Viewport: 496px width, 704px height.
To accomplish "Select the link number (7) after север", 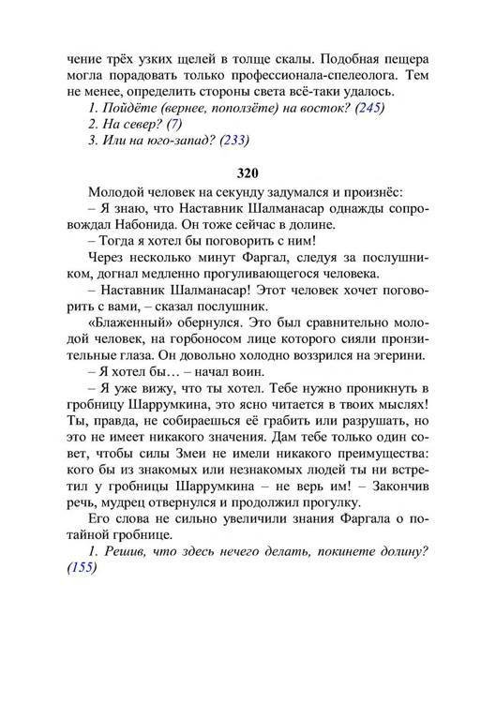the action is (x=173, y=124).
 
